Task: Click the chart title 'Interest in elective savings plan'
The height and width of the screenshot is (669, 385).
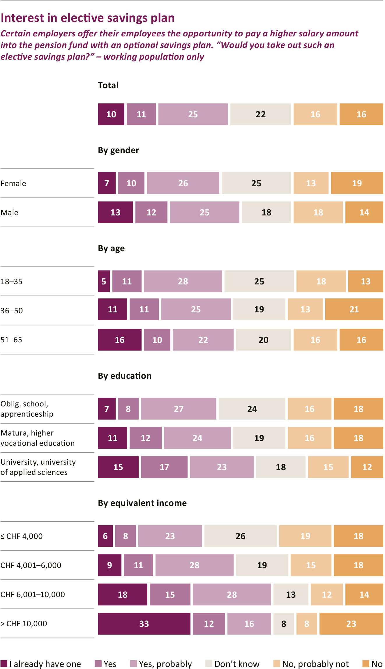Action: [88, 18]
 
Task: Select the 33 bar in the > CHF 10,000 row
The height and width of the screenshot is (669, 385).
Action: [144, 623]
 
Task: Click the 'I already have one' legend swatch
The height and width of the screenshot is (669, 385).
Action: [4, 663]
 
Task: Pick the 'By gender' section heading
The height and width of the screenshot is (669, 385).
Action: [118, 150]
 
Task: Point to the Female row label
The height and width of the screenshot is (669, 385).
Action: [13, 183]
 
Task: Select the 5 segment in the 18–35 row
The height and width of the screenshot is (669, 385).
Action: [104, 281]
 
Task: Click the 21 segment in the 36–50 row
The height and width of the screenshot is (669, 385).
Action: [354, 309]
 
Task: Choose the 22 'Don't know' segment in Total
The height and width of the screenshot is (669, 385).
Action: [260, 114]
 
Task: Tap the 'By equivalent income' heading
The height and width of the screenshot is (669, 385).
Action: [142, 503]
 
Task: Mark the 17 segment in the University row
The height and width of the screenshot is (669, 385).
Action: [164, 467]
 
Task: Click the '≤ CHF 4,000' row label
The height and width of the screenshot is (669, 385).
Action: [22, 536]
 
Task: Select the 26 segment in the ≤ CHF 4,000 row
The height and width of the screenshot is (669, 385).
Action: [240, 536]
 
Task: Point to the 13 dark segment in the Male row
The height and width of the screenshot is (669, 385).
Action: [115, 212]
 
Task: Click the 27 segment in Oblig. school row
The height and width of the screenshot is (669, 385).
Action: [179, 409]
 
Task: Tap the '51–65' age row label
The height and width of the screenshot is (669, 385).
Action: [11, 340]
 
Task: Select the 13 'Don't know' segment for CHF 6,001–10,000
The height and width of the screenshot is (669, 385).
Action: [291, 594]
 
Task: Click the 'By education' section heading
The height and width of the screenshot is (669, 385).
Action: [125, 376]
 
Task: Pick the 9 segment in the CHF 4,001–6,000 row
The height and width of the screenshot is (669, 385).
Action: [110, 565]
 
